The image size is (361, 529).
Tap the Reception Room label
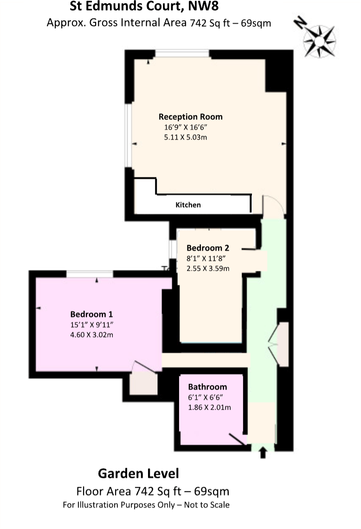coord(190,117)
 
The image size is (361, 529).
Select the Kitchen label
coord(188,205)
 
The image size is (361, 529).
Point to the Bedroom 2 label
coord(207,248)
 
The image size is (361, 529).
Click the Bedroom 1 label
coord(92,313)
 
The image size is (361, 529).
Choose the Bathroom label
coord(207,387)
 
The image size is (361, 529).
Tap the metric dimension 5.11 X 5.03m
coord(185,137)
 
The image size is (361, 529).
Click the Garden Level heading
coord(138,474)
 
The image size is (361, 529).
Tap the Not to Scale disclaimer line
coord(146,505)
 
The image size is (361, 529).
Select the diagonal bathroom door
coord(237,439)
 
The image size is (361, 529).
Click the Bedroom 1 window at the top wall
coord(90,274)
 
